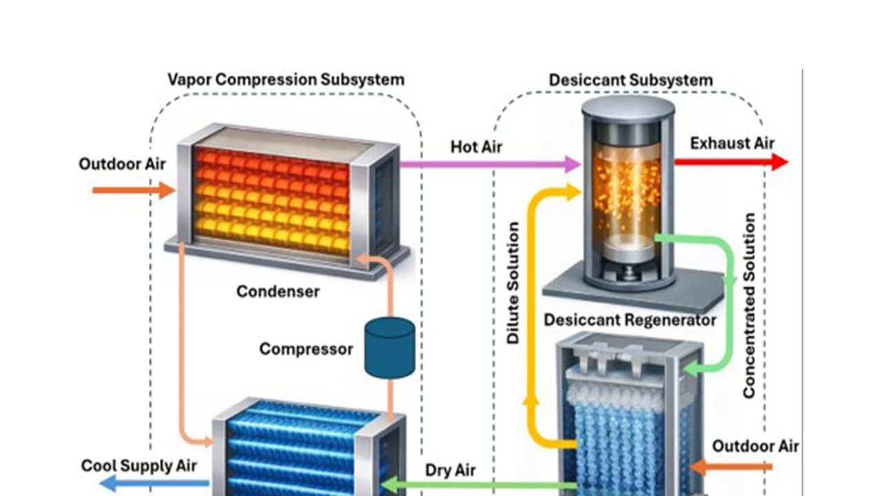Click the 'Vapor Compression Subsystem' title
click(285, 79)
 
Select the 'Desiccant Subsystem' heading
click(630, 80)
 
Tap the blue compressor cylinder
click(389, 348)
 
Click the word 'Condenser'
click(278, 291)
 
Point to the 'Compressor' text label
click(306, 349)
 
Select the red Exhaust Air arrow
click(730, 162)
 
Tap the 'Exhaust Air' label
click(732, 143)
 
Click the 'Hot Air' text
click(476, 147)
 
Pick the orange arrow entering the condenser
click(134, 189)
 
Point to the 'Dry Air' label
click(450, 471)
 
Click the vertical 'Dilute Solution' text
click(513, 283)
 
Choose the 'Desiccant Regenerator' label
click(630, 320)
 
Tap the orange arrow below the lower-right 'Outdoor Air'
click(730, 467)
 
